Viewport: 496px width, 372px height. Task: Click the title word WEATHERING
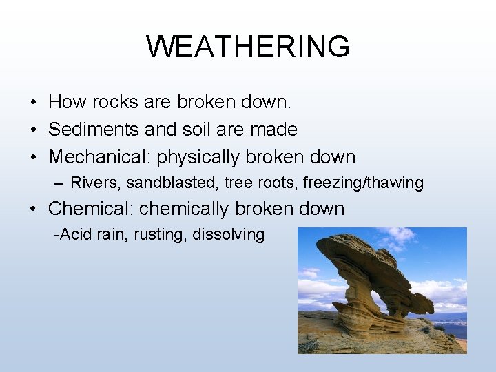pyautogui.click(x=248, y=47)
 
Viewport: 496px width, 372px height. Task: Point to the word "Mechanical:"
pyautogui.click(x=100, y=157)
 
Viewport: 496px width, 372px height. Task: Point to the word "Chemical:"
pyautogui.click(x=91, y=209)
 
